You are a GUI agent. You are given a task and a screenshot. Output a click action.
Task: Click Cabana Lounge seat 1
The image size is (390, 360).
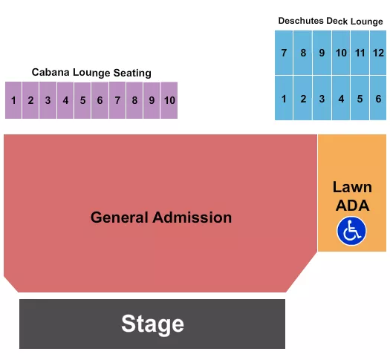coord(13,100)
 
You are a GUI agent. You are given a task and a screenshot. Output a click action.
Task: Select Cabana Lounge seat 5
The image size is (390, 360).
coord(82,100)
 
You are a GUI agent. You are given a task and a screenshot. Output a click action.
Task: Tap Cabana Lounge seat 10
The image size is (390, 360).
coord(169,100)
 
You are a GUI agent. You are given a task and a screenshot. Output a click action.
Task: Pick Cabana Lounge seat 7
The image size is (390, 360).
coord(117,100)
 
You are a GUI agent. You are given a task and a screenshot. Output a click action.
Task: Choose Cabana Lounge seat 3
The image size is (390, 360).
coord(48,100)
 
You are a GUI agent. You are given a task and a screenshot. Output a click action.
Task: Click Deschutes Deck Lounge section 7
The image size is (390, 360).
coord(284,53)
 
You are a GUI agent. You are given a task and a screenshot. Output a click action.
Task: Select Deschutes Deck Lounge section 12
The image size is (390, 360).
coord(378,53)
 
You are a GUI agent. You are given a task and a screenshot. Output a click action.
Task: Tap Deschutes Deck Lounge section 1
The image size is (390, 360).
coord(284,98)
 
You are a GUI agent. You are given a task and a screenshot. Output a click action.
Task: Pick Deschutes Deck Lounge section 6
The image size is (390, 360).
coord(378,98)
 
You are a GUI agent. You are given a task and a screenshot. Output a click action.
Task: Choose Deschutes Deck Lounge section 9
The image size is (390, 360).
coord(322,53)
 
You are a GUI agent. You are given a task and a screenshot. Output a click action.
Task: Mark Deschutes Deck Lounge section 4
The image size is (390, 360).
coord(341,98)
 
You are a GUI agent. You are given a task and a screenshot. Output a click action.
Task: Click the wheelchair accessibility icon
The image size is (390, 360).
coord(351,231)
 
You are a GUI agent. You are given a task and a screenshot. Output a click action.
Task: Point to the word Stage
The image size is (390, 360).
coord(152,324)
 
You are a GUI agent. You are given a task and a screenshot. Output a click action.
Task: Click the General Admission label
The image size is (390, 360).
coord(161,217)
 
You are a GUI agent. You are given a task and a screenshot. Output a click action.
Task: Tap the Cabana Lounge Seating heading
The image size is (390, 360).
coord(91,73)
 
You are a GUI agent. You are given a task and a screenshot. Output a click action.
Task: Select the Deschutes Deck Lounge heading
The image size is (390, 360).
coord(331,21)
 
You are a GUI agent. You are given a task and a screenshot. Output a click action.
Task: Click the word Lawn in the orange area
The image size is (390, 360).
coord(351,187)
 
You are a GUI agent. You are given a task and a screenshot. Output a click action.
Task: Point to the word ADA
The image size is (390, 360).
coord(351,205)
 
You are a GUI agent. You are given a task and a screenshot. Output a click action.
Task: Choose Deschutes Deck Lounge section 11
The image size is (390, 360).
coord(360,53)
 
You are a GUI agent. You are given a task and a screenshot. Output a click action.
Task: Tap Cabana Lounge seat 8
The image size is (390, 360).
coord(134,100)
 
